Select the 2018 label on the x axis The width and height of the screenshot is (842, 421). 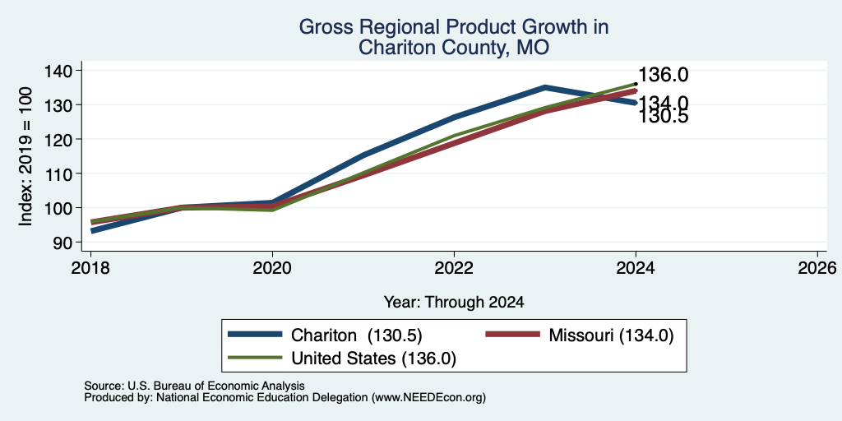(x=90, y=267)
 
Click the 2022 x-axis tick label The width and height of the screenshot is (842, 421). (x=454, y=267)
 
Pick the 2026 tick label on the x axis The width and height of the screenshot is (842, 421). (x=817, y=267)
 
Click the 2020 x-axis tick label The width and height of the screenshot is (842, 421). (x=272, y=267)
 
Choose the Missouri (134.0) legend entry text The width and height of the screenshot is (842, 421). (x=611, y=335)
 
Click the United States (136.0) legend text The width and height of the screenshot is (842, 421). (x=374, y=359)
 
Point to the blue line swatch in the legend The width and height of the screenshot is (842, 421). (x=255, y=335)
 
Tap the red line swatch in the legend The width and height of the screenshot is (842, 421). (x=513, y=335)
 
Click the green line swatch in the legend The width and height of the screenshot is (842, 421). (x=255, y=357)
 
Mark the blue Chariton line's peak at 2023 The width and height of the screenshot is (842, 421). (x=545, y=86)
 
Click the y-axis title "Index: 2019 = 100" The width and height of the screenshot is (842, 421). (x=25, y=156)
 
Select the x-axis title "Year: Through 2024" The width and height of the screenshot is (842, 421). (x=454, y=303)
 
